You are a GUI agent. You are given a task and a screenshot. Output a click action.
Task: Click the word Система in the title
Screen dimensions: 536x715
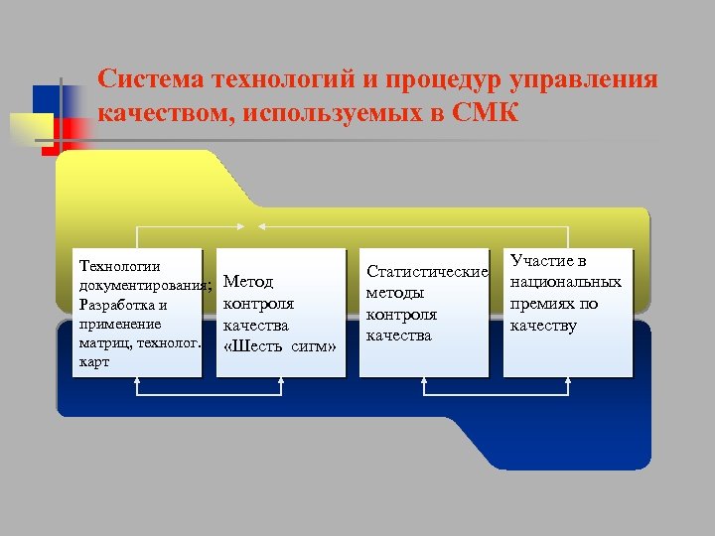tap(150, 79)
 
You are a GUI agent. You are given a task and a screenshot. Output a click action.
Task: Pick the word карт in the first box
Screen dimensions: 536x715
tap(93, 362)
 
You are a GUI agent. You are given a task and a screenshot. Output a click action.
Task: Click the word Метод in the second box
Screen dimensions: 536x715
tap(248, 283)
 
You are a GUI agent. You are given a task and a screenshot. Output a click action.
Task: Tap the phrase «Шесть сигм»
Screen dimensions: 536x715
tap(280, 346)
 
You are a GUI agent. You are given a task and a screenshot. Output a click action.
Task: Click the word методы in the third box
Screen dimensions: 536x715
tap(395, 293)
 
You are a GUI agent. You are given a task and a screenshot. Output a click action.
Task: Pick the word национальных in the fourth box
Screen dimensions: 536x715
tap(566, 282)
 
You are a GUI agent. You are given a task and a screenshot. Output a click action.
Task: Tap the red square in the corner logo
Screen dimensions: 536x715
tap(76, 128)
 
